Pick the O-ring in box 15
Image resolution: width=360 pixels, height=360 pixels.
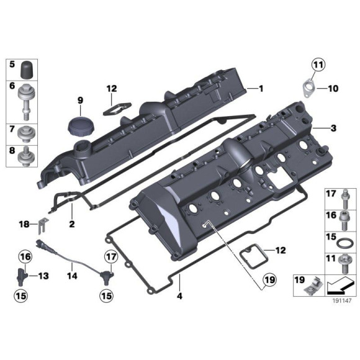click(x=344, y=240)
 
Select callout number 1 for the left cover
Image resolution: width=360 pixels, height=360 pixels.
click(x=261, y=89)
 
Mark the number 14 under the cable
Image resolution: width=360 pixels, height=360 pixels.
click(x=71, y=276)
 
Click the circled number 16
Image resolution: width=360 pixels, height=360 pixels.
click(x=24, y=256)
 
